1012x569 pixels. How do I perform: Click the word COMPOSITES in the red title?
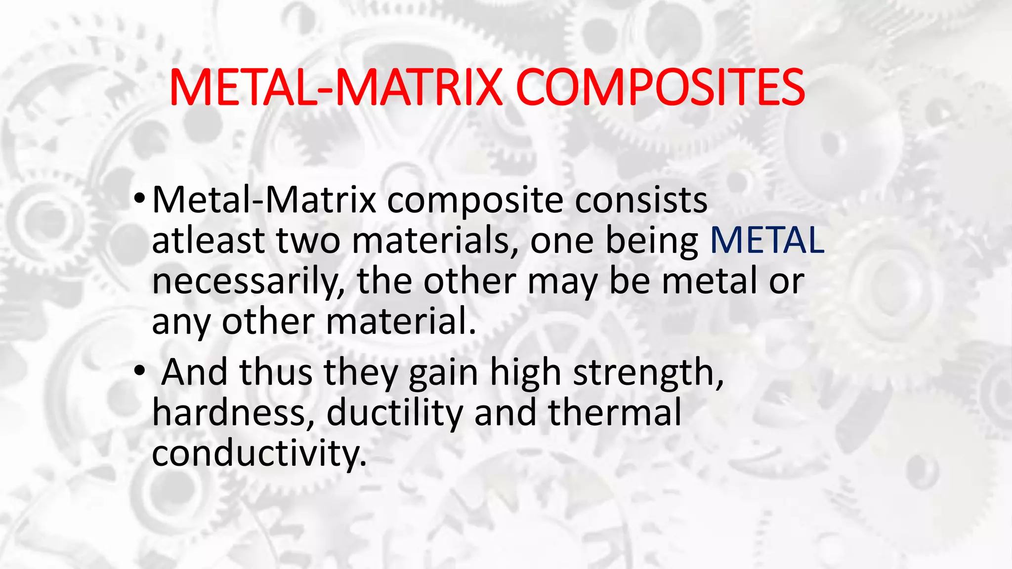click(660, 87)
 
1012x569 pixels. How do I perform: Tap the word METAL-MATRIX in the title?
click(336, 87)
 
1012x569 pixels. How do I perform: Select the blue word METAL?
click(767, 241)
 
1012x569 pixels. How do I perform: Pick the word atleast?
click(208, 241)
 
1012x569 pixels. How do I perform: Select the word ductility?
click(394, 412)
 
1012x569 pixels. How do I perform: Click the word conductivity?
click(259, 453)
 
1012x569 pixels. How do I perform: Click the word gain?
click(443, 373)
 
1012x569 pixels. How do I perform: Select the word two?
click(308, 241)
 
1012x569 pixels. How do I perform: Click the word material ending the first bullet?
click(401, 322)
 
